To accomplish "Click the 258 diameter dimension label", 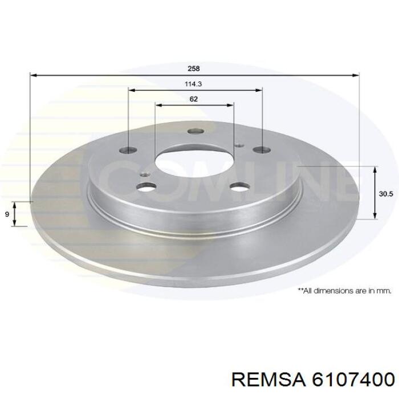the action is [194, 68].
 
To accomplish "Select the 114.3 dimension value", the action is [193, 84].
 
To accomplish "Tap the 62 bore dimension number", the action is [194, 99].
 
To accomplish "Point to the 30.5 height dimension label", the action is [386, 194].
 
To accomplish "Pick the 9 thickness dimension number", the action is [7, 214].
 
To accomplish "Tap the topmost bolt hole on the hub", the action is [196, 131].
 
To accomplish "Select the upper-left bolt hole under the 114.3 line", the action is [128, 149].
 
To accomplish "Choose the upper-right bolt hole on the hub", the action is [262, 149].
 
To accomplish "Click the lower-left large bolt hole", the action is [146, 188].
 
